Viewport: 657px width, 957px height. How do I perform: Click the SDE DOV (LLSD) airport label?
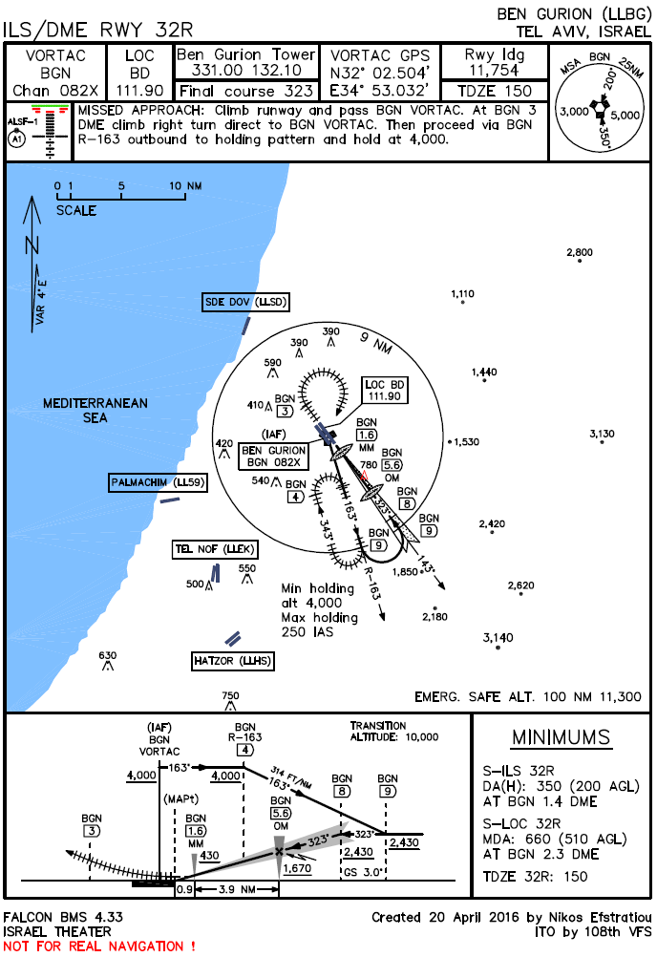pyautogui.click(x=245, y=302)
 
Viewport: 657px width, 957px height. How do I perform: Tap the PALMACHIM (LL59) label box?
pyautogui.click(x=158, y=482)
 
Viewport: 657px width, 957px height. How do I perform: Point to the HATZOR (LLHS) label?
pyautogui.click(x=233, y=660)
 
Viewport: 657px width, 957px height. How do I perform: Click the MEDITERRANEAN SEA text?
pyautogui.click(x=95, y=411)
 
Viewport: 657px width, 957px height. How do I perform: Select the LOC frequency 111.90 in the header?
pyautogui.click(x=139, y=91)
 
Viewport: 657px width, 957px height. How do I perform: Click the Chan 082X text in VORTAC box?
pyautogui.click(x=54, y=91)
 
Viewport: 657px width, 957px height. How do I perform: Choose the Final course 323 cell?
pyautogui.click(x=245, y=92)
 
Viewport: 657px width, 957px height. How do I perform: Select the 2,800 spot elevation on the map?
pyautogui.click(x=579, y=252)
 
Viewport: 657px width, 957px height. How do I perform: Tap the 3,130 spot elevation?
pyautogui.click(x=602, y=434)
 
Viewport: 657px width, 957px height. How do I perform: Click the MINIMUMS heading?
pyautogui.click(x=561, y=737)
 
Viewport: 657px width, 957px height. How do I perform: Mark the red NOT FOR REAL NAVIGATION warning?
pyautogui.click(x=99, y=946)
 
